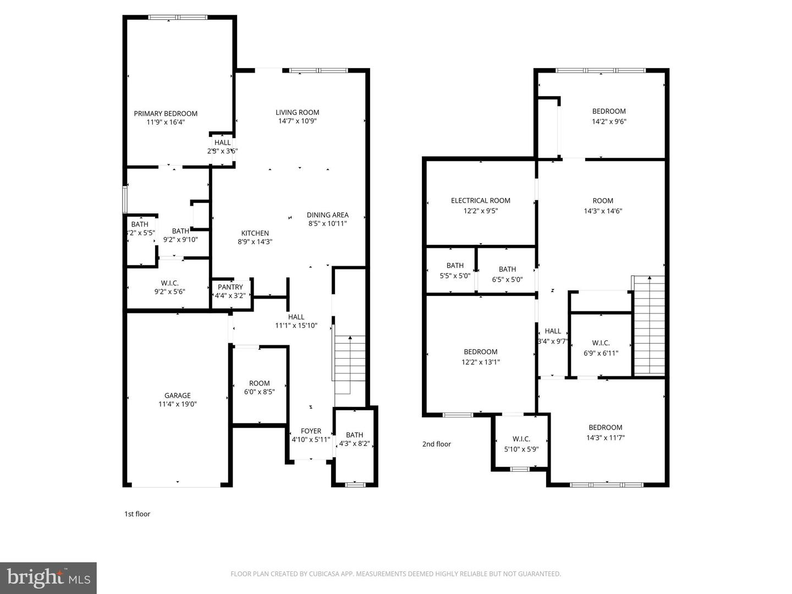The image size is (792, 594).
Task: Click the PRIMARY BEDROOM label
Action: coord(166,114)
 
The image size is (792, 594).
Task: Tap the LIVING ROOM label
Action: coord(297,112)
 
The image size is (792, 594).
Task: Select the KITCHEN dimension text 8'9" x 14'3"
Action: coord(255,241)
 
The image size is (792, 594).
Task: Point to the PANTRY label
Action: coord(230,287)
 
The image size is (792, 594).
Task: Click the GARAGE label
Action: coord(178,395)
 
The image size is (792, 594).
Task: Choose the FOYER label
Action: coord(311,431)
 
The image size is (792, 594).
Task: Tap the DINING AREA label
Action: coord(327,215)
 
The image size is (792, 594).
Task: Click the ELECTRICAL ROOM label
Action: coord(481,201)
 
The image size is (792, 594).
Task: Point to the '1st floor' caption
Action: coord(137,514)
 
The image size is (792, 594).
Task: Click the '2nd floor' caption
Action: coord(437,444)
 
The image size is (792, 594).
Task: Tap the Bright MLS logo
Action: coord(48,577)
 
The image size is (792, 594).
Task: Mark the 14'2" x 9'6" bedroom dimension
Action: coord(609,122)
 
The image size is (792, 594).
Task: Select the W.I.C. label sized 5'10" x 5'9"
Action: coord(521,439)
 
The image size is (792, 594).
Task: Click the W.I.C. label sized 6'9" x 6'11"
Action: coord(601,343)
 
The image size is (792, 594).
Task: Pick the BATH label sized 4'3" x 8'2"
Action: coord(355,435)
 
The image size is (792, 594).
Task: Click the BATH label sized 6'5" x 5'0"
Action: coord(507,269)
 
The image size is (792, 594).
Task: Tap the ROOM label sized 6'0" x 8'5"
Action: coord(259,383)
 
